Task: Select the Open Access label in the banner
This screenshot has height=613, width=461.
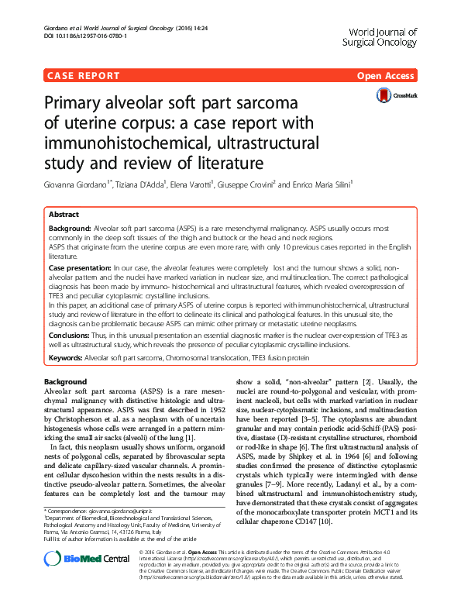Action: (x=386, y=76)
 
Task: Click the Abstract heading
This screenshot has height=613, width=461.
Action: (x=63, y=214)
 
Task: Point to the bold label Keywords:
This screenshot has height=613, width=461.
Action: (x=65, y=357)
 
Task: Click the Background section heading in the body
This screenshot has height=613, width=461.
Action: (x=65, y=383)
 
